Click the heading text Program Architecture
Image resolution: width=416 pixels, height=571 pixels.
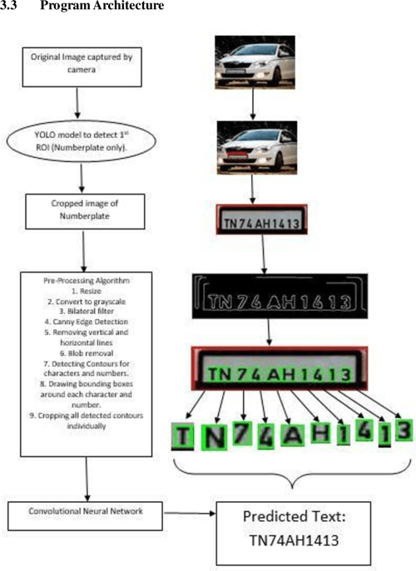tap(100, 7)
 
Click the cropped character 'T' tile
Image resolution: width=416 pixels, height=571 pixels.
tap(183, 436)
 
